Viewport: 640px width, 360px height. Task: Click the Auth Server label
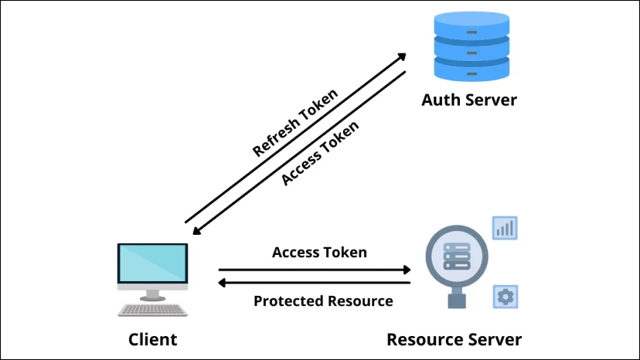pos(468,100)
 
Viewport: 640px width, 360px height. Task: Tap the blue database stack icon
pos(471,48)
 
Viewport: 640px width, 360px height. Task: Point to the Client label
pos(152,339)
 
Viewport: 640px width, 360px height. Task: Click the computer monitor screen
pos(152,263)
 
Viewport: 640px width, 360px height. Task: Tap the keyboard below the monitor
pos(152,309)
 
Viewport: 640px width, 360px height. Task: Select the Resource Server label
pos(454,339)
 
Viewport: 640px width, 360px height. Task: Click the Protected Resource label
pos(323,301)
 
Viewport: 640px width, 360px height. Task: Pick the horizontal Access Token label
pos(319,252)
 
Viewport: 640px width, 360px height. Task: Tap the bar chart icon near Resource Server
pos(506,228)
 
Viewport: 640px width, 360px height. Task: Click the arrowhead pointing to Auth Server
pos(403,56)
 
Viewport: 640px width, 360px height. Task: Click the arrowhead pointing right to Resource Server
pos(407,270)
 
